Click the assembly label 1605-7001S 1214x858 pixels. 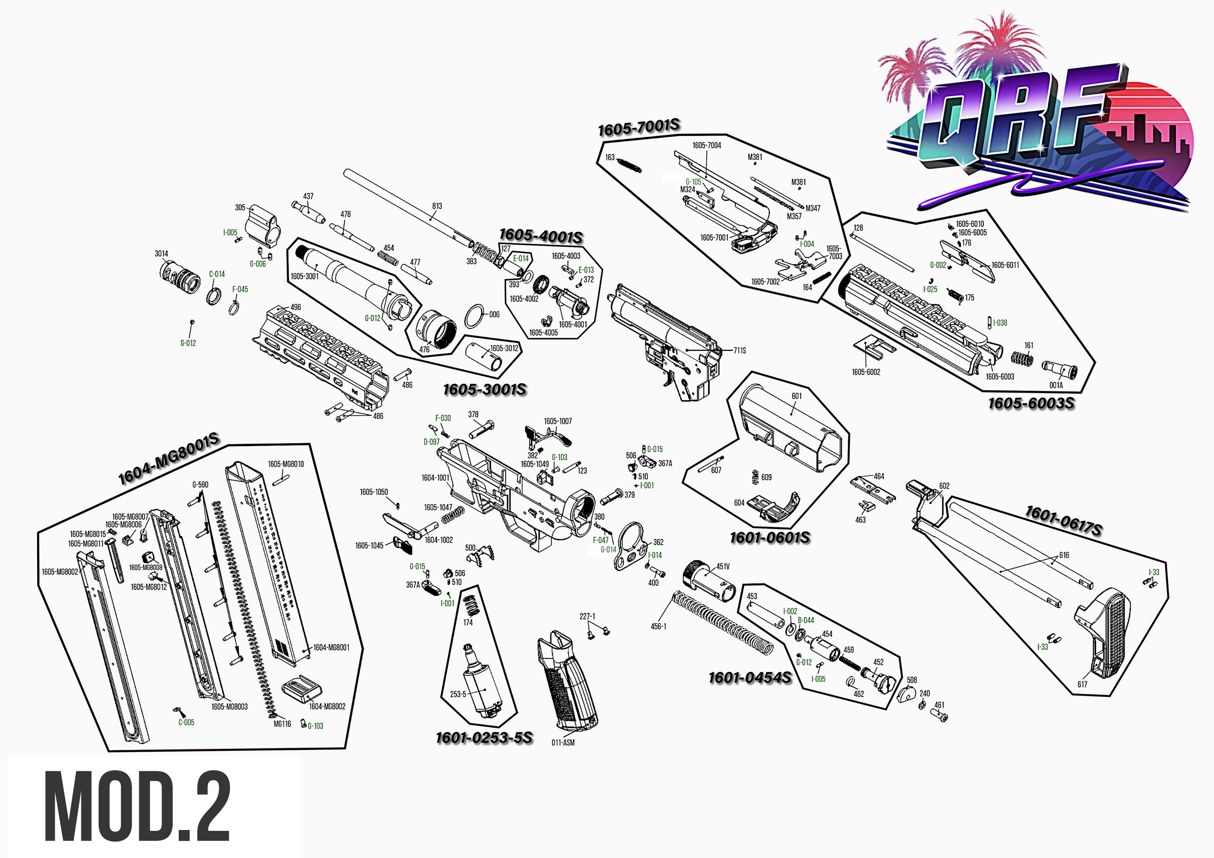click(639, 127)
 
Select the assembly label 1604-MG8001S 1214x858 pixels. click(168, 459)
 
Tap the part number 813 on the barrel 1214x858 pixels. click(437, 206)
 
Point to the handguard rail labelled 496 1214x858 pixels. click(322, 349)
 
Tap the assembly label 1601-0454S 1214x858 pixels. click(750, 678)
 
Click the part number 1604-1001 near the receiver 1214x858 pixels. click(435, 478)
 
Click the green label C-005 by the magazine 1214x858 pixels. click(186, 722)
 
